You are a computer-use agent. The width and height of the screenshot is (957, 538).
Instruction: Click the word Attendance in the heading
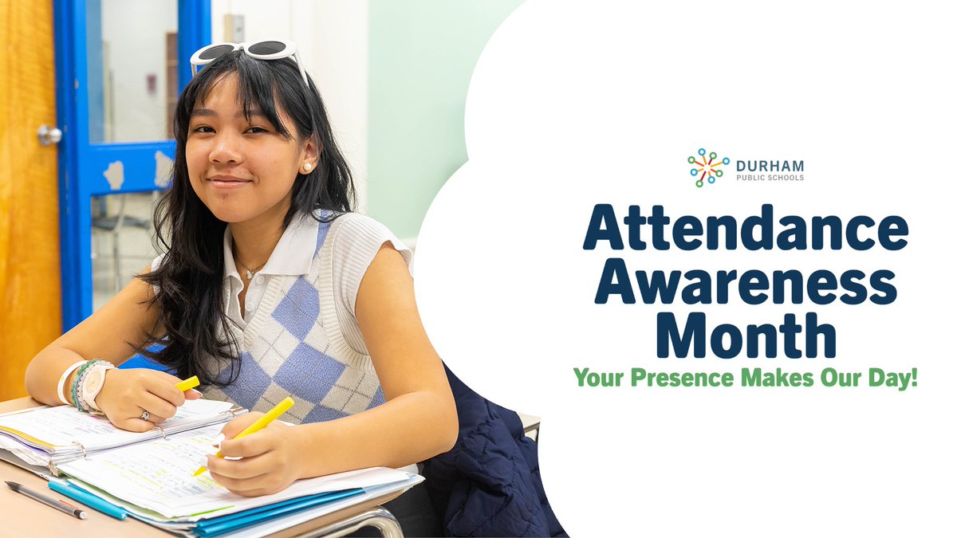coord(746,228)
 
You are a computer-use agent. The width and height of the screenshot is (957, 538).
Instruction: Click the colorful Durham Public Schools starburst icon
coord(708,167)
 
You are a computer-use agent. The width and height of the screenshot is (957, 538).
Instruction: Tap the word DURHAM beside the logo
coord(770,166)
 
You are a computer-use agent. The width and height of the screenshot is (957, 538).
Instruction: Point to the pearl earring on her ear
coord(305,167)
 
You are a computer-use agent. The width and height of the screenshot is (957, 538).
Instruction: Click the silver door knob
coord(49,135)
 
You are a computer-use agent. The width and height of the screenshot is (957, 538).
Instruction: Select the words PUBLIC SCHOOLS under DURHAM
coord(770,177)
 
